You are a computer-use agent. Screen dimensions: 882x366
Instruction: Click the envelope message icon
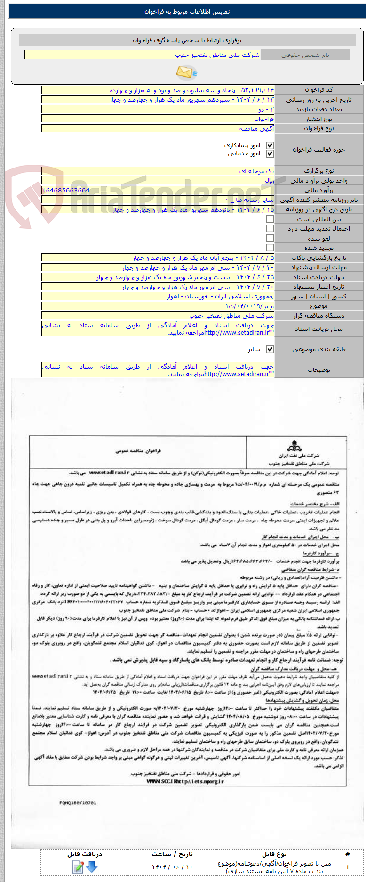[186, 72]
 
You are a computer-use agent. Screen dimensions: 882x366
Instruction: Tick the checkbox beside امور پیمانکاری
[270, 146]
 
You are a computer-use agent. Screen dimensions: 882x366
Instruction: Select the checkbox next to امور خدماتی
[270, 154]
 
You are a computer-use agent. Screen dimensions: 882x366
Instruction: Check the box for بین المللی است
[270, 219]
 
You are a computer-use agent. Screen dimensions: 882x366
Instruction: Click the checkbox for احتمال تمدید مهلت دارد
[270, 228]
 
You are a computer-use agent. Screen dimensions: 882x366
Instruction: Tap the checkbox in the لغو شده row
[270, 238]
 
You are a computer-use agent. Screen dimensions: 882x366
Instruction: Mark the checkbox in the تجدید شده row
[270, 248]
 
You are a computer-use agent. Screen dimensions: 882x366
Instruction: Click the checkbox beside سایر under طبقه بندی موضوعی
[270, 349]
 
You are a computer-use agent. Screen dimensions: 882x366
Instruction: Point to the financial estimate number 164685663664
[66, 190]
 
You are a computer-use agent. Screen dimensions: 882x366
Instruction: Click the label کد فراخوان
[318, 89]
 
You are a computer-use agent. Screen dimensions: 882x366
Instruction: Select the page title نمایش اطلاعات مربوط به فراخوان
[187, 12]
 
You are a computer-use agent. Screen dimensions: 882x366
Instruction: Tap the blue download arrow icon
[92, 866]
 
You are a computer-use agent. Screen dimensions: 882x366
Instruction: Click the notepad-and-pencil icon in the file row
[78, 866]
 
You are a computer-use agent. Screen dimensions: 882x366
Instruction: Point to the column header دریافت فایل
[85, 854]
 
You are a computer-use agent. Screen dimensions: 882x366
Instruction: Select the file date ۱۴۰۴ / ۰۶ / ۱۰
[172, 867]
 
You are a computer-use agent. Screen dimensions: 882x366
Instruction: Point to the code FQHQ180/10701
[78, 803]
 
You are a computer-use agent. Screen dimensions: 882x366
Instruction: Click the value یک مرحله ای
[256, 171]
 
